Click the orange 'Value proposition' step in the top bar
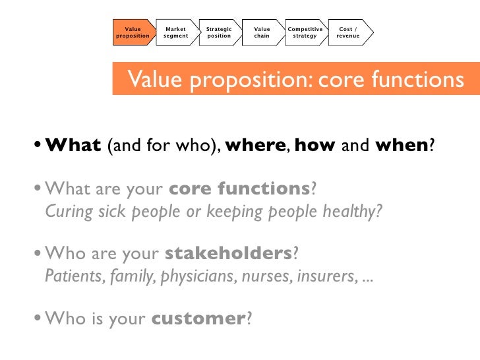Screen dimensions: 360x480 point(133,32)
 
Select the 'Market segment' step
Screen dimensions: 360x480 point(175,32)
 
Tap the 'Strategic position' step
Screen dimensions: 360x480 point(219,32)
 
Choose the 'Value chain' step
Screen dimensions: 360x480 point(262,32)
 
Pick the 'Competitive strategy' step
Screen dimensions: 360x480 point(305,32)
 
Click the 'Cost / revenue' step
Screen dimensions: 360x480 point(348,32)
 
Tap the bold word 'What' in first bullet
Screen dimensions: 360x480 point(73,144)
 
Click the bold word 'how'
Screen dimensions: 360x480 point(315,144)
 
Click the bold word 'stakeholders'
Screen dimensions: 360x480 point(227,254)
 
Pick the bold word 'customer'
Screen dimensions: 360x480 point(198,318)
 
